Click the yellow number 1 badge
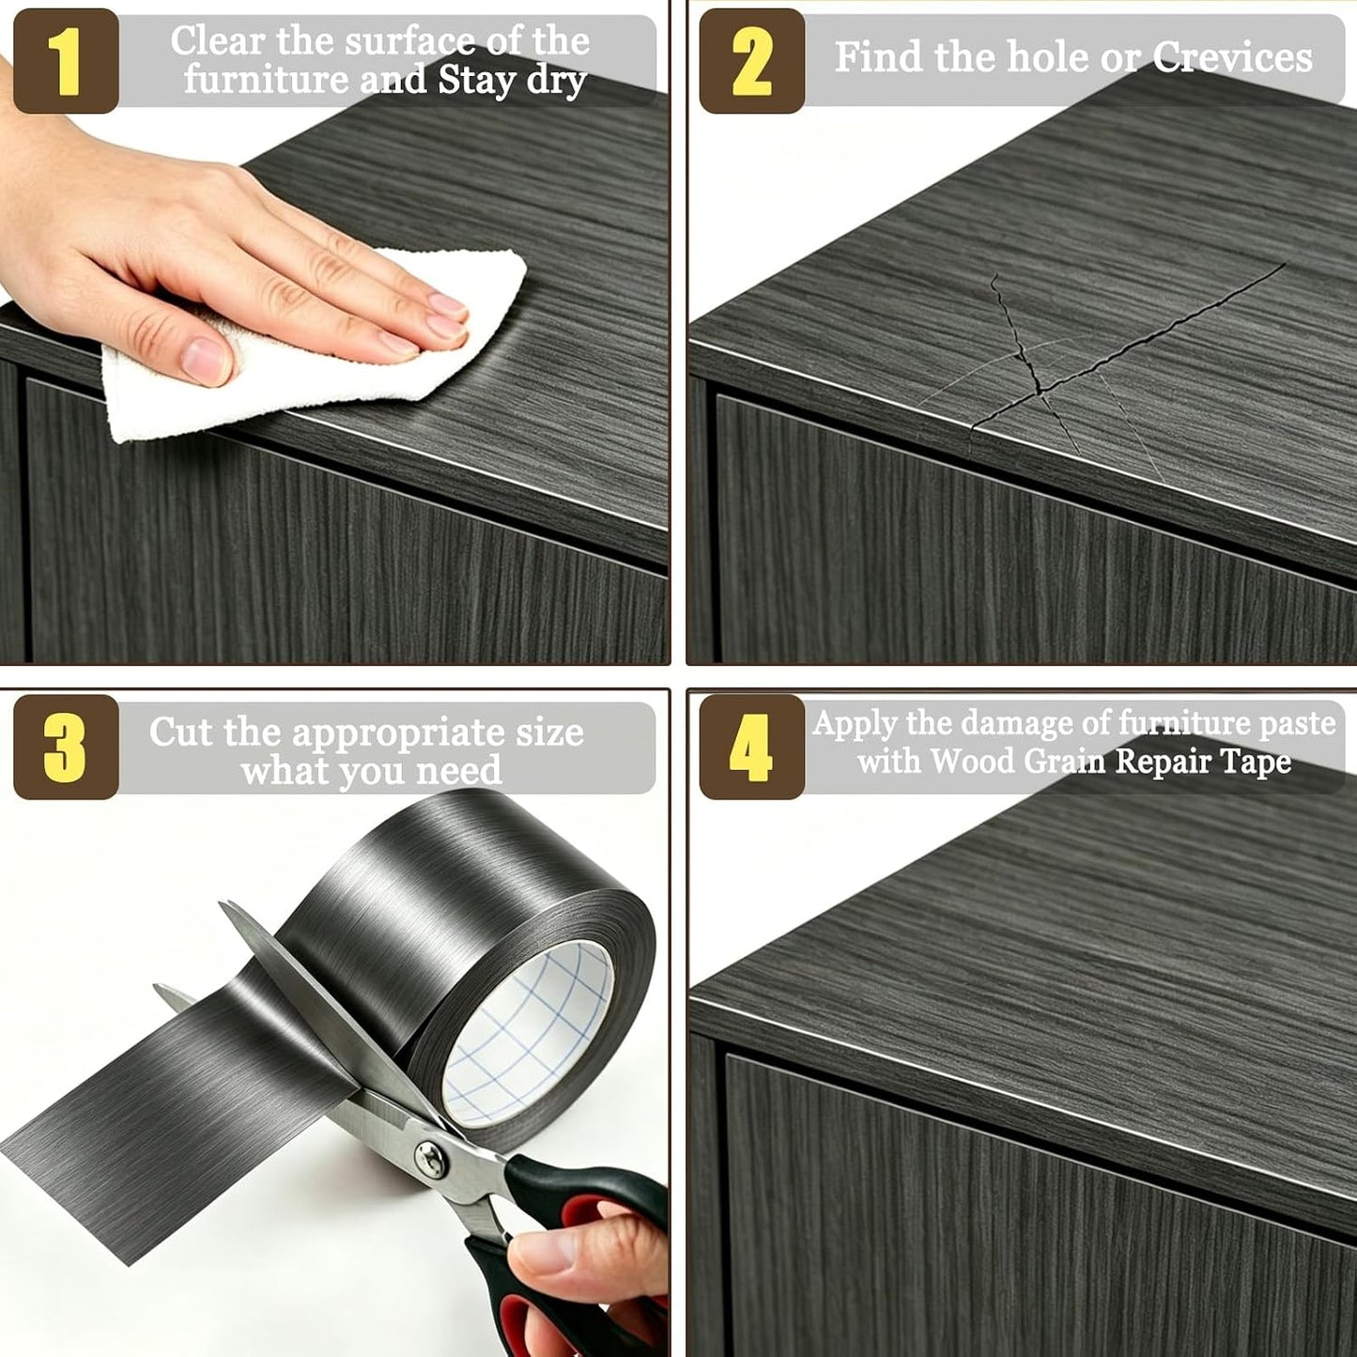click(x=66, y=61)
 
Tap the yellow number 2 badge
click(x=751, y=61)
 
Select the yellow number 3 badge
click(x=66, y=747)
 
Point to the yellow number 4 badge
click(x=751, y=747)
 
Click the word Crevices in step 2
click(x=1232, y=56)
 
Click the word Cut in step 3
click(x=179, y=732)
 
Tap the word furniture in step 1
click(x=266, y=79)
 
